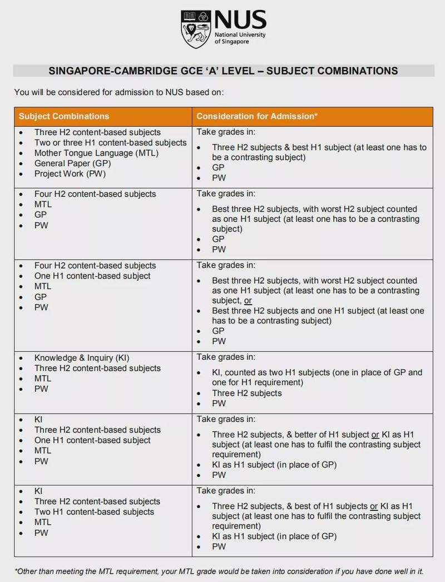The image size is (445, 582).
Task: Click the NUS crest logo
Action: click(x=195, y=28)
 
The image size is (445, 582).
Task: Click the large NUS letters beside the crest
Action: click(x=240, y=21)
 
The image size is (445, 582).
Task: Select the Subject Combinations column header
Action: click(x=64, y=116)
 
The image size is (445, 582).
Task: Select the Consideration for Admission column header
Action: click(x=256, y=116)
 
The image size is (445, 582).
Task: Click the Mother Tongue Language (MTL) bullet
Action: click(x=96, y=153)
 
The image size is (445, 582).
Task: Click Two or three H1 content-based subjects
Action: click(x=110, y=143)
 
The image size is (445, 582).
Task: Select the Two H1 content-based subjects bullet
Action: click(x=94, y=512)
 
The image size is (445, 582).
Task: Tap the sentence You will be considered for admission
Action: click(x=119, y=92)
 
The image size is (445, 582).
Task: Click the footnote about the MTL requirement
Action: click(x=219, y=571)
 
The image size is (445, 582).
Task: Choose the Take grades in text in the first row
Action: click(x=226, y=132)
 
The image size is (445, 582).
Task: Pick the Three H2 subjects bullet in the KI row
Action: click(x=246, y=393)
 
